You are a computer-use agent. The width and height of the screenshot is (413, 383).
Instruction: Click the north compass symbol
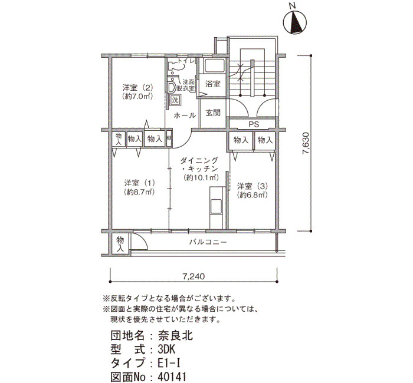(295, 22)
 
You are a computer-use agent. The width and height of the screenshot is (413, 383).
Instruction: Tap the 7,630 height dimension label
(306, 143)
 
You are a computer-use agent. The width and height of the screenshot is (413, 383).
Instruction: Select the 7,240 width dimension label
(194, 276)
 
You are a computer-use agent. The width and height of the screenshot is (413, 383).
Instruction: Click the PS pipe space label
(254, 124)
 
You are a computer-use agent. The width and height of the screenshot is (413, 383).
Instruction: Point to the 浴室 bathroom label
(212, 84)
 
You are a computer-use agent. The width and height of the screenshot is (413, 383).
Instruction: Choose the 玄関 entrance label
(213, 113)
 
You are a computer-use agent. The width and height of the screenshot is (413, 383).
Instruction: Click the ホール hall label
(185, 115)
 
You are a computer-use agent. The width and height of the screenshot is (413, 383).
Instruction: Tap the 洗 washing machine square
(175, 100)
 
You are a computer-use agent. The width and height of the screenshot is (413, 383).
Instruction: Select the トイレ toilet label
(186, 61)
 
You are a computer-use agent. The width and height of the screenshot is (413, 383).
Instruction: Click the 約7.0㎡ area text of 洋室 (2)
(137, 96)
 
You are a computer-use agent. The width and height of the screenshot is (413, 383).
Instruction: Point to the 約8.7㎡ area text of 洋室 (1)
(139, 192)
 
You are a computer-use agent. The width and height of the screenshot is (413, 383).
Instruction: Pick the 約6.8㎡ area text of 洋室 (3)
(253, 195)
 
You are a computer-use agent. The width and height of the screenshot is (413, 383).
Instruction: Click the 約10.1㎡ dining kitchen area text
(201, 177)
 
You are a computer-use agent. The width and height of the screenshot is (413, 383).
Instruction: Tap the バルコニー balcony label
(208, 242)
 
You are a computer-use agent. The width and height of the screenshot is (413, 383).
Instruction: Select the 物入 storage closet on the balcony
(120, 244)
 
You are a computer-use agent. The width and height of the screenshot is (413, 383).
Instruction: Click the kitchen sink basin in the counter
(217, 206)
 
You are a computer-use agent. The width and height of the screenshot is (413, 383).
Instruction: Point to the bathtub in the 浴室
(215, 65)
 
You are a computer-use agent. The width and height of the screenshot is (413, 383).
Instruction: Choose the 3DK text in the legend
(166, 349)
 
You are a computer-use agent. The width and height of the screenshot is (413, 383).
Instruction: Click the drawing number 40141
(172, 377)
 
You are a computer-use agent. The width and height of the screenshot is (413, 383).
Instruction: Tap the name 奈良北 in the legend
(175, 335)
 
